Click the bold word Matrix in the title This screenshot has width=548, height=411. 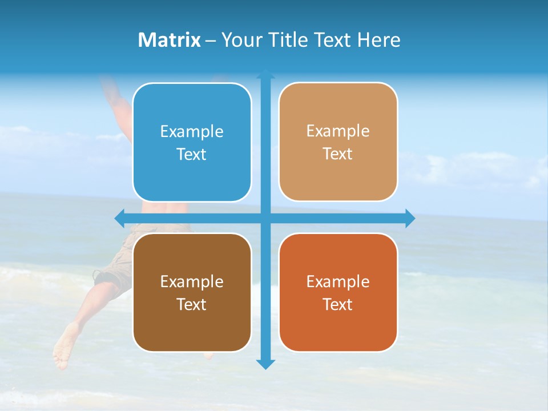tap(170, 40)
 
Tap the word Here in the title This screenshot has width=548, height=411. tap(379, 40)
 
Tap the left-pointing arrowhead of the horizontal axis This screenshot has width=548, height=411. tap(119, 218)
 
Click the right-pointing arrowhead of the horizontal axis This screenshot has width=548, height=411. tap(410, 218)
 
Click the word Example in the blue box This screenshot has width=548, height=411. tap(192, 132)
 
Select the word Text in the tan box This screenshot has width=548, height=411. tap(338, 154)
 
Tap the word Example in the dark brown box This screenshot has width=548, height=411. tap(192, 281)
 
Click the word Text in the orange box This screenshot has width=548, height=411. tap(338, 304)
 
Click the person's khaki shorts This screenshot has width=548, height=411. tap(114, 268)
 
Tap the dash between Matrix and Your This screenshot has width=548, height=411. tap(211, 41)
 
